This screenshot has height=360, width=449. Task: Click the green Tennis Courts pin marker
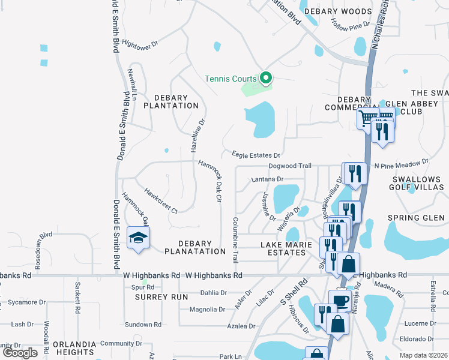pyautogui.click(x=265, y=78)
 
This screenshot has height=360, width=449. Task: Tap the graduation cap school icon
pyautogui.click(x=137, y=238)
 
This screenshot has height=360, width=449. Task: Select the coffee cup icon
pyautogui.click(x=340, y=300)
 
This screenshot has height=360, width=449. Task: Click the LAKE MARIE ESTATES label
pyautogui.click(x=283, y=248)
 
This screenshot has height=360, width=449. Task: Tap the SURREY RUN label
pyautogui.click(x=154, y=297)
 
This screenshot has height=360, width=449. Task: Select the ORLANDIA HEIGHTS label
pyautogui.click(x=74, y=348)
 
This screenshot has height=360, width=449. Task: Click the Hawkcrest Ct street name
pyautogui.click(x=160, y=200)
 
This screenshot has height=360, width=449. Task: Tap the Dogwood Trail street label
pyautogui.click(x=291, y=166)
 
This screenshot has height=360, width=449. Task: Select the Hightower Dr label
pyautogui.click(x=139, y=44)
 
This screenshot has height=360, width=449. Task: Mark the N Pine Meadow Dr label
pyautogui.click(x=401, y=162)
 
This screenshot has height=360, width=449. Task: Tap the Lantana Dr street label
pyautogui.click(x=267, y=179)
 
